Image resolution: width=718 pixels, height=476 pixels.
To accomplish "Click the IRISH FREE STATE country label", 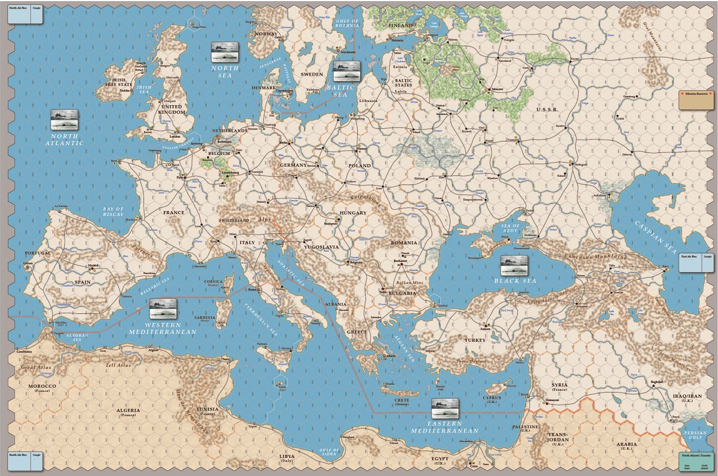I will pos(117,82).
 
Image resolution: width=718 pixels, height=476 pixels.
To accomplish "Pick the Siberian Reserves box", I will pos(696,100).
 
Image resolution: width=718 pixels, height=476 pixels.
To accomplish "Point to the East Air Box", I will pos(696,262).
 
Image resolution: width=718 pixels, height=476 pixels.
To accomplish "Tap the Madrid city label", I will pos(93,266).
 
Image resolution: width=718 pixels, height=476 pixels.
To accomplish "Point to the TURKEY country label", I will pos(475,341).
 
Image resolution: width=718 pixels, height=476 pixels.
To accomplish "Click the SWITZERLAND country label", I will pos(234,221).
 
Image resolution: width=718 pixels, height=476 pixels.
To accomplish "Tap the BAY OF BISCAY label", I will pos(113,212).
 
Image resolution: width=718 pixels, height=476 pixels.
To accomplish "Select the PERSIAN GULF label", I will pos(696,437).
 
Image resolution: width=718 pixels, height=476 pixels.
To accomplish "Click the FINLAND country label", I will pos(401,25).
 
